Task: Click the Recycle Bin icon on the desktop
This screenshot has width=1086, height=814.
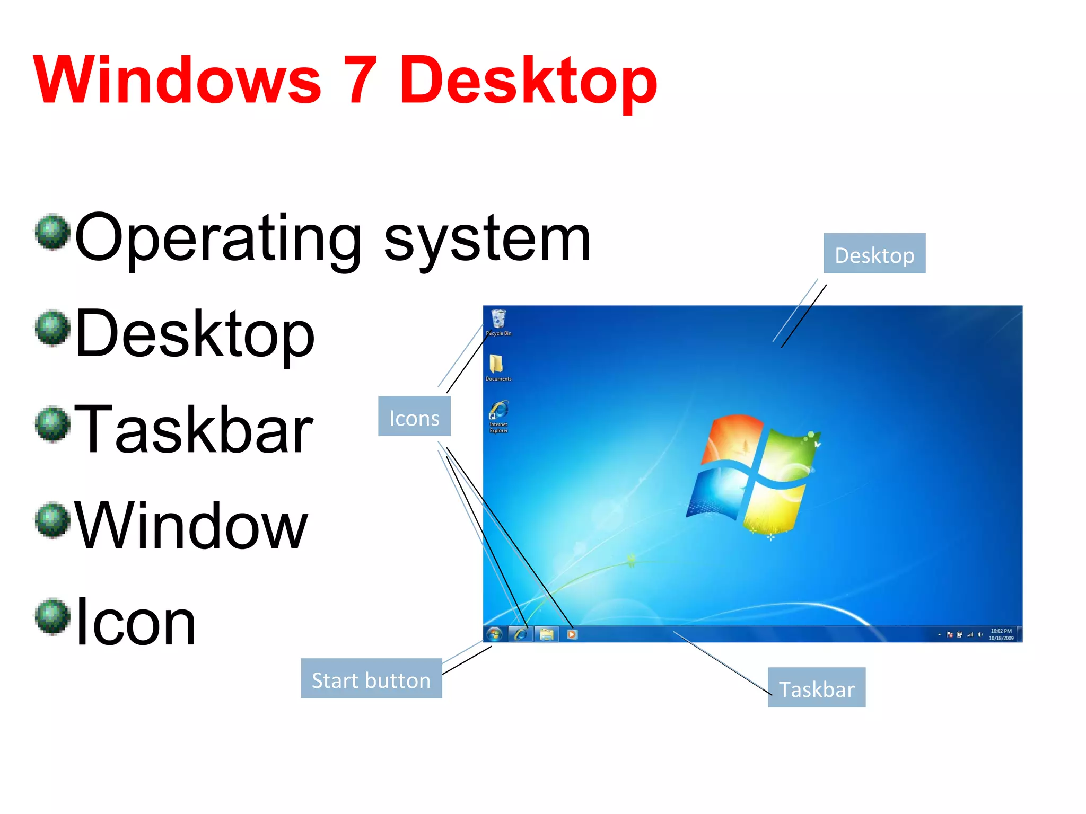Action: pyautogui.click(x=498, y=320)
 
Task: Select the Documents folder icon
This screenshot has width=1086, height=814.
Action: pyautogui.click(x=496, y=365)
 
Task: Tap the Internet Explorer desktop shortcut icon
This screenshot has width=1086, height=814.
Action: pyautogui.click(x=498, y=410)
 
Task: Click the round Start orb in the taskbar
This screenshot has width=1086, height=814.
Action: pyautogui.click(x=495, y=634)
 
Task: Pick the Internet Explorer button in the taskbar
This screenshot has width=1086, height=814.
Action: pyautogui.click(x=521, y=634)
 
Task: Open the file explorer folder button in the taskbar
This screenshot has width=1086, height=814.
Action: pyautogui.click(x=546, y=634)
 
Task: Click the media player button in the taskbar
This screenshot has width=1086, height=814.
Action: pyautogui.click(x=572, y=634)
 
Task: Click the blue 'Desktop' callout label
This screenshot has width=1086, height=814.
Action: pyautogui.click(x=874, y=254)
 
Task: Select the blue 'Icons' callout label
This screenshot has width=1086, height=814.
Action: pyautogui.click(x=414, y=417)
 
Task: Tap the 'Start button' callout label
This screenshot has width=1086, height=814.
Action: pyautogui.click(x=371, y=679)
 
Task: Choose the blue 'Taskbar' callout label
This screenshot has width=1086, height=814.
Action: pyautogui.click(x=816, y=688)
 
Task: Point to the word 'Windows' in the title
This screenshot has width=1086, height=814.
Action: pyautogui.click(x=177, y=81)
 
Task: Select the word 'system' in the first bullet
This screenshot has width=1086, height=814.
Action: pyautogui.click(x=487, y=240)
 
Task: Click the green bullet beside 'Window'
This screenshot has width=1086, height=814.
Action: pyautogui.click(x=52, y=520)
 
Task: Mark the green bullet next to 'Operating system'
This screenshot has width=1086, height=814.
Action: pyautogui.click(x=52, y=232)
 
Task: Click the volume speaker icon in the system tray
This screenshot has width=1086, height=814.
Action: pyautogui.click(x=980, y=634)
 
